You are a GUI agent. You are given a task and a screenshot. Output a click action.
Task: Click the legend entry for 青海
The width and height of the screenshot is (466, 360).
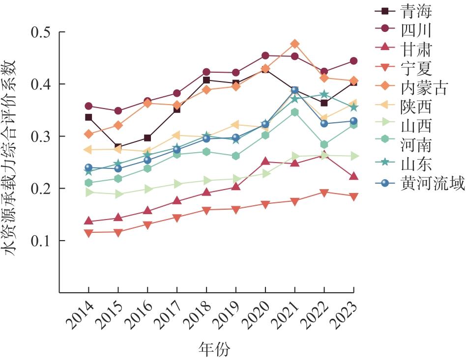(x=403, y=12)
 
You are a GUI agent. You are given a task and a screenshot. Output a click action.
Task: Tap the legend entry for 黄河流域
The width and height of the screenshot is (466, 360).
(x=419, y=183)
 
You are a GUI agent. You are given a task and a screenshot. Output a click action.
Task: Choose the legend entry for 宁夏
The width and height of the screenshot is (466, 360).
(x=403, y=69)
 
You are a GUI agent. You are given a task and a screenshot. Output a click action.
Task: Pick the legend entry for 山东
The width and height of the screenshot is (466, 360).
(x=403, y=164)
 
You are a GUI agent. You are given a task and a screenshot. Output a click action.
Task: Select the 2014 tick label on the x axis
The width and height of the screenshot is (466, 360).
(x=80, y=315)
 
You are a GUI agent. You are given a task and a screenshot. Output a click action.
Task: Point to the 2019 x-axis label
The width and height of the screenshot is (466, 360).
(x=228, y=315)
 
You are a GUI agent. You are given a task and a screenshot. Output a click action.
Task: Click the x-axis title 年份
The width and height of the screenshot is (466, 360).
(x=214, y=349)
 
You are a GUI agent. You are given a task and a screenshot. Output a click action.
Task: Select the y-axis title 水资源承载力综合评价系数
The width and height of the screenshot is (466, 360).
(x=9, y=158)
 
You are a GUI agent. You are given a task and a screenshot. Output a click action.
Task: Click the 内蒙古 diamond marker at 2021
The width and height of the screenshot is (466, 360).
(x=294, y=44)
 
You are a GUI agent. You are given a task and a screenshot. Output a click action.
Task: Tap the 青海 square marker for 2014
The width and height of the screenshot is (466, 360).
(x=88, y=117)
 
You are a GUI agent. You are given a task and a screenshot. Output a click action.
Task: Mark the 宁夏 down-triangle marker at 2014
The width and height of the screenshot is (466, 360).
(x=88, y=233)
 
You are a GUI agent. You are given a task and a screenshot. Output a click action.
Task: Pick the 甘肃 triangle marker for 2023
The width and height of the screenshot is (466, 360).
(x=353, y=176)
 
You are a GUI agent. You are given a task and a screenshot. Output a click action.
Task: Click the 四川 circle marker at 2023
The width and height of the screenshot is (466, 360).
(x=353, y=61)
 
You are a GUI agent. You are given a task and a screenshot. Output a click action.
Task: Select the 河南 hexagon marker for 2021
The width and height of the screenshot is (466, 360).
(x=294, y=112)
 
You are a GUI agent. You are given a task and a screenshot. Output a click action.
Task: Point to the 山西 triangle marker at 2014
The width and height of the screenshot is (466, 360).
(x=88, y=193)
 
